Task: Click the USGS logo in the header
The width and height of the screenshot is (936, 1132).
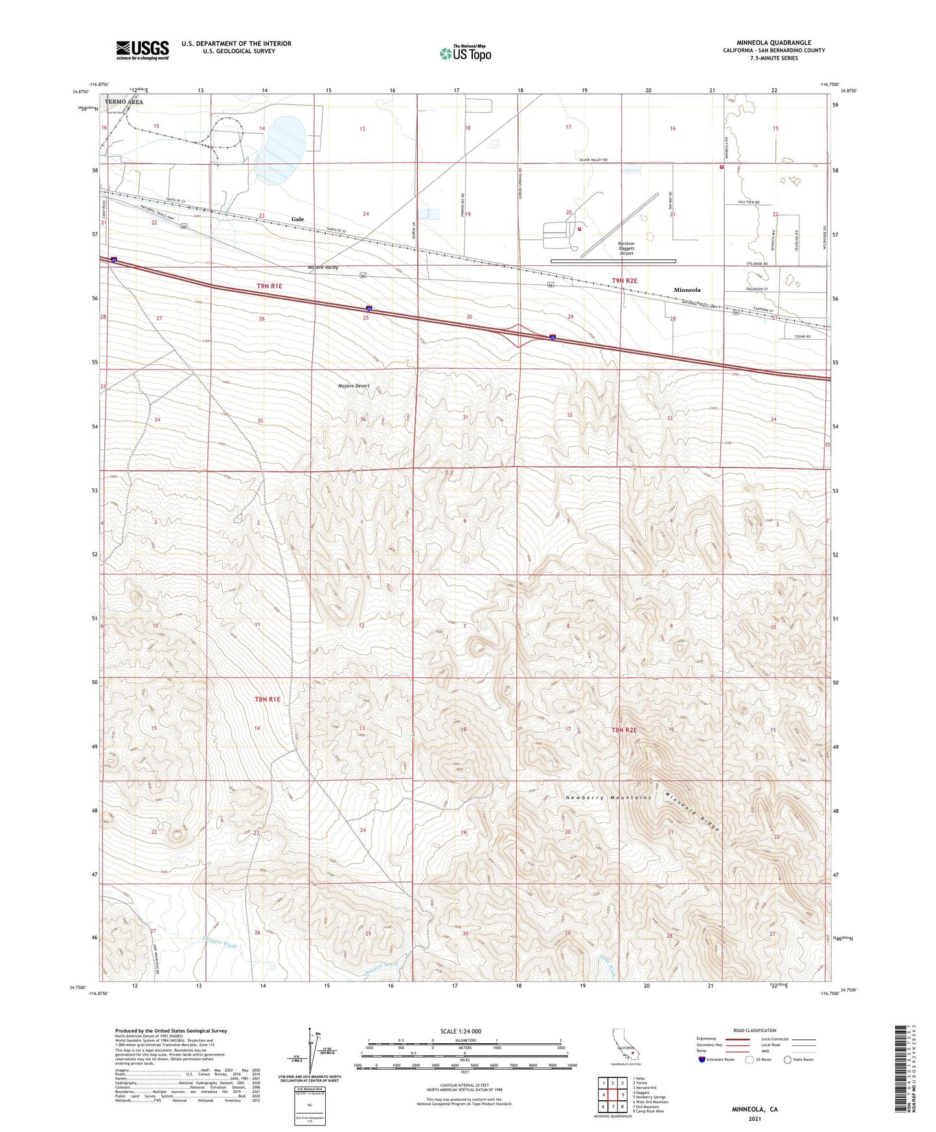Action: tap(143, 50)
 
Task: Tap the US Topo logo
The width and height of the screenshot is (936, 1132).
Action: tap(465, 53)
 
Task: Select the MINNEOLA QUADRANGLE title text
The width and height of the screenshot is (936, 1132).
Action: tap(773, 43)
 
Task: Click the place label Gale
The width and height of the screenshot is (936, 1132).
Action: tap(297, 219)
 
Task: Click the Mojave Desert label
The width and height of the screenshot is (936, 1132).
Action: tap(354, 386)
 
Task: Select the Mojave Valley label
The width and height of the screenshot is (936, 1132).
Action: tap(323, 267)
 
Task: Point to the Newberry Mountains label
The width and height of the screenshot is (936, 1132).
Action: tap(608, 797)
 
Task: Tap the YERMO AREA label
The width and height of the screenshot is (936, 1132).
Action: tap(124, 102)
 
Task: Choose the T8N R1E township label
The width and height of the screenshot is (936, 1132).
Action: tap(268, 699)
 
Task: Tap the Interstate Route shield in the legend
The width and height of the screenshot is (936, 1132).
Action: tap(704, 1059)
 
